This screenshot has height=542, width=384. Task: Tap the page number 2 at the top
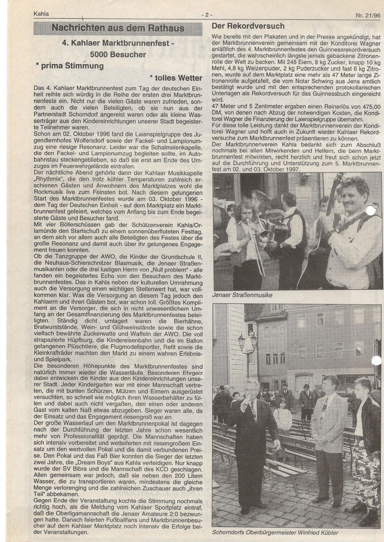pos(206,14)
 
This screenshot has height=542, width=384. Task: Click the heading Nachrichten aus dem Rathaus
pos(118,28)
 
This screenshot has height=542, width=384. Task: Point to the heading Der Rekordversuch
pos(248,26)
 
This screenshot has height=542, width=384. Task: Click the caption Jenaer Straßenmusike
pos(242,295)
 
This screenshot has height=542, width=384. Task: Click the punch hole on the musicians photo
pos(371,210)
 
